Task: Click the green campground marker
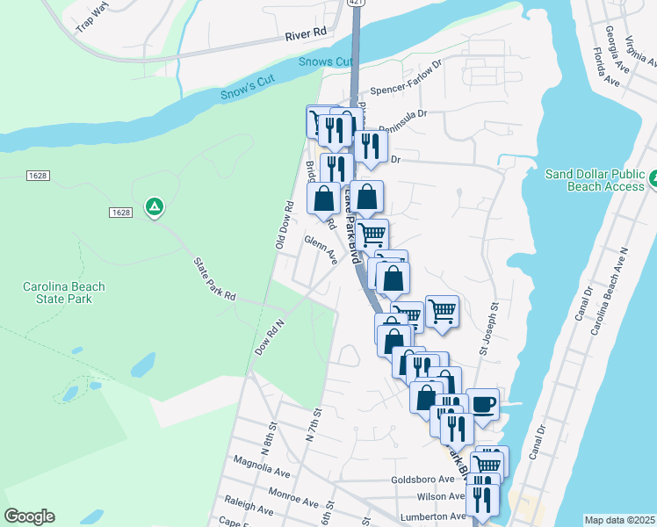pyautogui.click(x=155, y=207)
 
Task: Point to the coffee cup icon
pyautogui.click(x=482, y=404)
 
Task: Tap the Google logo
pyautogui.click(x=29, y=516)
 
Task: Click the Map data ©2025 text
pyautogui.click(x=619, y=520)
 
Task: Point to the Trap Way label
pyautogui.click(x=91, y=20)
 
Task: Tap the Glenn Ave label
pyautogui.click(x=321, y=249)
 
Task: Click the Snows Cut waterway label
pyautogui.click(x=322, y=61)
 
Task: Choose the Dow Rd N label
pyautogui.click(x=271, y=336)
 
